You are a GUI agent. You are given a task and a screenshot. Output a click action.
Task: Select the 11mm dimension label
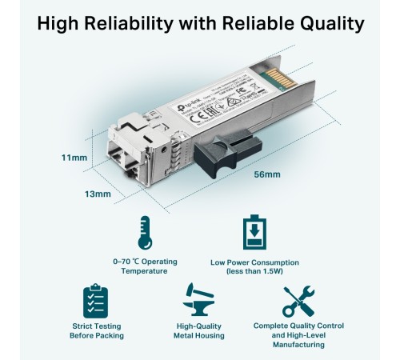point(74,158)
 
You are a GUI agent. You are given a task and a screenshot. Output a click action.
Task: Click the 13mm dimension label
point(98,194)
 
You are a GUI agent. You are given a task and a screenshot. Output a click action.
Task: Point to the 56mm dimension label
point(266,174)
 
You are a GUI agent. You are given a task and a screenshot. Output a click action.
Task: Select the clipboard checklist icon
point(95,300)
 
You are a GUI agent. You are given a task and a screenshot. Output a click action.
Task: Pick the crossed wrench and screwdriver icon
point(298,300)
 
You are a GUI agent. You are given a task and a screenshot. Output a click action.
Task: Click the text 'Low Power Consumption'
point(254,262)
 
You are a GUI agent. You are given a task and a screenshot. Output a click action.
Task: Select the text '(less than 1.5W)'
point(254,271)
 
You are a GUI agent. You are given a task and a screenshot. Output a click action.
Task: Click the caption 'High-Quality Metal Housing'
point(200,330)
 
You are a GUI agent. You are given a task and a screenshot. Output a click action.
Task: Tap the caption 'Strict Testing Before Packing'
point(95,330)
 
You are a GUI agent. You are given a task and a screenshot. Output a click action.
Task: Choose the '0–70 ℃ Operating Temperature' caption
point(145,266)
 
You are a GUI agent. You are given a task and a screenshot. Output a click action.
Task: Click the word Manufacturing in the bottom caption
point(298,345)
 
